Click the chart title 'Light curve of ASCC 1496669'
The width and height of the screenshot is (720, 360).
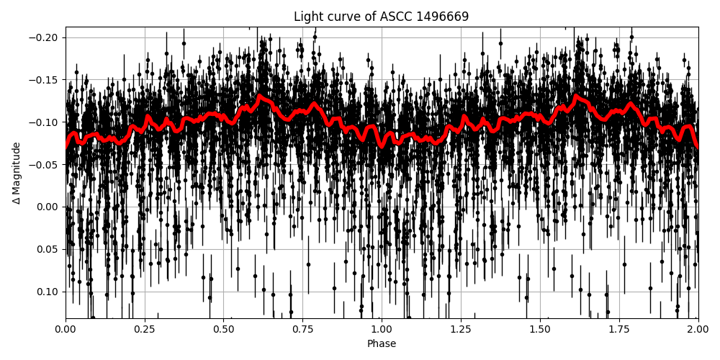381,17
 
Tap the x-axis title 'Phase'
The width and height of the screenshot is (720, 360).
381,344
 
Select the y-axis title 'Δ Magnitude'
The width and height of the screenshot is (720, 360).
17,173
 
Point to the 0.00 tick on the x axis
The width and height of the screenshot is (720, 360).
66,330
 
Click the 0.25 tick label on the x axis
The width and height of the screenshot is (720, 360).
145,330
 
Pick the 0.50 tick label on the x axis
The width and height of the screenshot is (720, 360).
223,330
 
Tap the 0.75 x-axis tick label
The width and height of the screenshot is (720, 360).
302,330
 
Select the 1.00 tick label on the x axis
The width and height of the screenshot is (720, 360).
382,330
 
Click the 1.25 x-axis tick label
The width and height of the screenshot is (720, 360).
461,330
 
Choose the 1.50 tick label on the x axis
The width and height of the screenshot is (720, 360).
540,330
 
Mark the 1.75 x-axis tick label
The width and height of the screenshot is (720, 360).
618,330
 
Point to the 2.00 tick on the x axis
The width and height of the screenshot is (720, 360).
698,330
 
